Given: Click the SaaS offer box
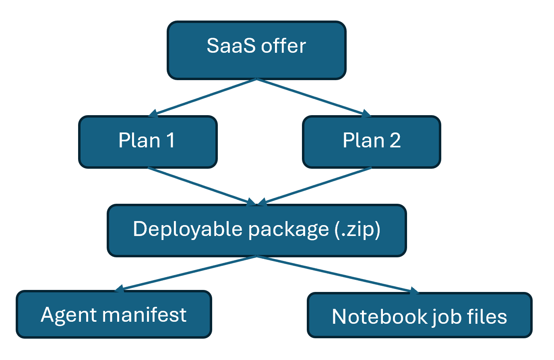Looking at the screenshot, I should [x=256, y=50].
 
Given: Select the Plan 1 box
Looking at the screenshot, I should [x=148, y=142].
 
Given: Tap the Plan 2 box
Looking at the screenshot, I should [x=371, y=142].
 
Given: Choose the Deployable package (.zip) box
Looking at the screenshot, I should [x=256, y=230].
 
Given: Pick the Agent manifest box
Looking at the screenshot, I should [x=114, y=314].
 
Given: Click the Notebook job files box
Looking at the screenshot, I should [x=420, y=315].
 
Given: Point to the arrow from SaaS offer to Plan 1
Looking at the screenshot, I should [x=203, y=97].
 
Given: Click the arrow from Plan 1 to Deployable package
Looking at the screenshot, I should [x=201, y=186].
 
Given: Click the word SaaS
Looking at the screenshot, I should [x=231, y=46].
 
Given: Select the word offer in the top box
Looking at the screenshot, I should [x=283, y=46].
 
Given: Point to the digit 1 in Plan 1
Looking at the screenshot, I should [x=170, y=141].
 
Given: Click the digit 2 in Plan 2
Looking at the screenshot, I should [x=395, y=141].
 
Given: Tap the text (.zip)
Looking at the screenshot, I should [x=358, y=230].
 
